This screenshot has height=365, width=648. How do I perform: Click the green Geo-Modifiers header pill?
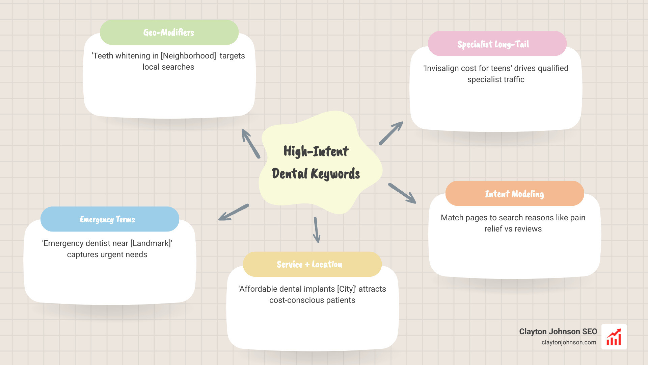(169, 32)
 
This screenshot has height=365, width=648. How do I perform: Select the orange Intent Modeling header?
(514, 194)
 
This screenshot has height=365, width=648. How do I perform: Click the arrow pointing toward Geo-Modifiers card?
(250, 144)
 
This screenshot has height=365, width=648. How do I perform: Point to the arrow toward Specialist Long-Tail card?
(391, 133)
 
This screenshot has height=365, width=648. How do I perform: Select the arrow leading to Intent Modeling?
(402, 193)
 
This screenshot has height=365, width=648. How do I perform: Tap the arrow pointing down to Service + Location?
(316, 230)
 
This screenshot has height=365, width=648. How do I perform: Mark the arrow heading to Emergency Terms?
(234, 212)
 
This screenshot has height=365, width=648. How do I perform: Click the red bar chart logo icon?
(614, 337)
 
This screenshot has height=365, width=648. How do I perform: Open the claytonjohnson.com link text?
(569, 342)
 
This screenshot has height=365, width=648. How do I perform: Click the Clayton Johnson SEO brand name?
(558, 332)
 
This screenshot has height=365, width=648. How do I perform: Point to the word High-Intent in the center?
(316, 151)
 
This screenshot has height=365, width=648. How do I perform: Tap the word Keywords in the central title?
(335, 174)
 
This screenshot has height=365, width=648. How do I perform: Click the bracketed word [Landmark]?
(151, 243)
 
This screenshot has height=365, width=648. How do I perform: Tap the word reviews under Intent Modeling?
(528, 229)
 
